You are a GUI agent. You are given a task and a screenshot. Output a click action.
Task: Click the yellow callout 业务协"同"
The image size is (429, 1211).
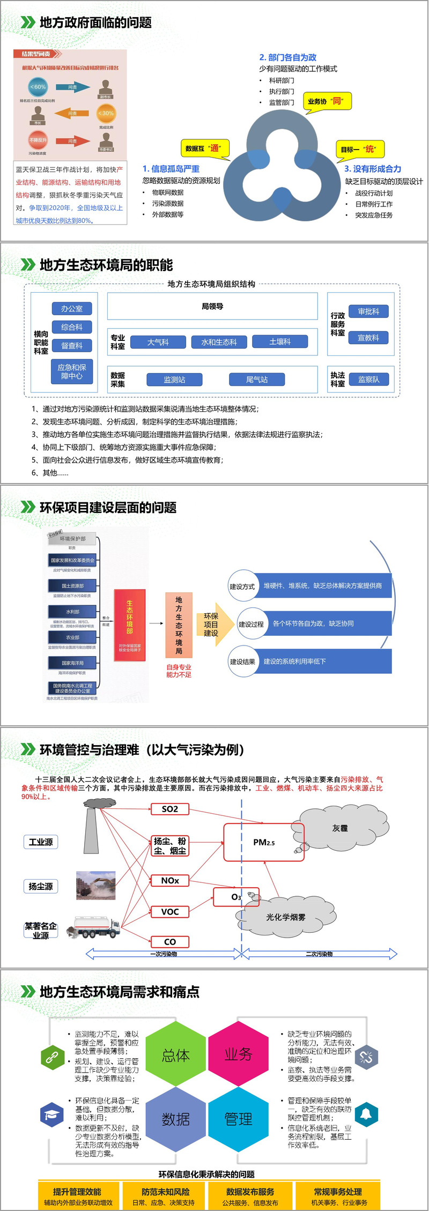tap(326, 101)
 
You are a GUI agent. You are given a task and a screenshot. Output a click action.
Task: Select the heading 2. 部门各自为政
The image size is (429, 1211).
tap(287, 57)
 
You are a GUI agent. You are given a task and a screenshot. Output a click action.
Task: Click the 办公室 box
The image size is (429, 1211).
tap(72, 309)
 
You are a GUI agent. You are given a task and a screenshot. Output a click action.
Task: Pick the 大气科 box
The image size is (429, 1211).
tap(158, 342)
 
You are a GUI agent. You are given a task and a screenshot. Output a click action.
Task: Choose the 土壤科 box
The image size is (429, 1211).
tap(280, 341)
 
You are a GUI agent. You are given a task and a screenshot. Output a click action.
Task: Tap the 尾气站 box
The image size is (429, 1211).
tap(257, 380)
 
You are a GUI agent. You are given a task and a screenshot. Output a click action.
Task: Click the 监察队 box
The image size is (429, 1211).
tap(368, 380)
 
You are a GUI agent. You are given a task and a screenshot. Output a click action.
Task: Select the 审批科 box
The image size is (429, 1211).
tap(368, 311)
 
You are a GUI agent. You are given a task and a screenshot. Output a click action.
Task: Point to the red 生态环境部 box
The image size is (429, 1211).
tap(130, 624)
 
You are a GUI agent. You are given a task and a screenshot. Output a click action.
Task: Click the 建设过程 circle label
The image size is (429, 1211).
tap(252, 624)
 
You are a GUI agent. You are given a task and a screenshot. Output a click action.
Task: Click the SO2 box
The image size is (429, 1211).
tap(170, 809)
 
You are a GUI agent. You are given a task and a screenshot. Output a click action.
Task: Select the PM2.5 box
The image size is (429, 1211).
tap(264, 842)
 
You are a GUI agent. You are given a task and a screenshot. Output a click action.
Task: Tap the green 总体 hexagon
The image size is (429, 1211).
tap(176, 1056)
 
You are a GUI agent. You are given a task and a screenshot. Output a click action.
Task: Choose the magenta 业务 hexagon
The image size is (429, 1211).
tap(238, 1054)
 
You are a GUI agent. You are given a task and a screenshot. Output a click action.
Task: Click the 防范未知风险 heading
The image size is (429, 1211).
tap(166, 1191)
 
